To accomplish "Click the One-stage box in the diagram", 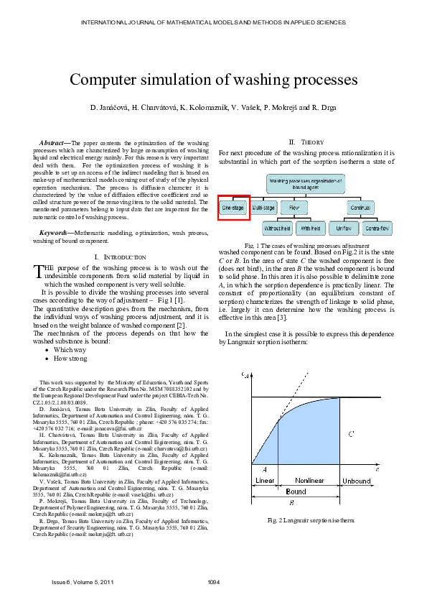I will (233, 208).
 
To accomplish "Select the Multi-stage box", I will (263, 208).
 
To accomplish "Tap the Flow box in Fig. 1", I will (294, 208).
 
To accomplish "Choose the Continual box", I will (360, 208).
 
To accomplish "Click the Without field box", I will (278, 228).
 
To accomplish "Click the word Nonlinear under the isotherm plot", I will (309, 480).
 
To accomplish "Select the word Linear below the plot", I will (265, 480).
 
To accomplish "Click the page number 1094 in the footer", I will (213, 581).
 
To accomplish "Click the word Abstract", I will (55, 144).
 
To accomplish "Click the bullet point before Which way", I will (47, 349).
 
